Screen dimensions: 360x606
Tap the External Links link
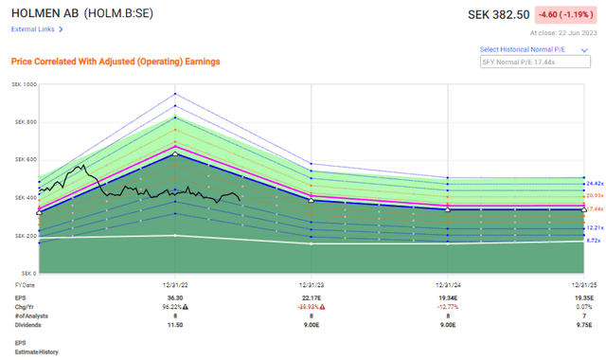click(36, 29)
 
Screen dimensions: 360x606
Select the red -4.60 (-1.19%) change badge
click(564, 14)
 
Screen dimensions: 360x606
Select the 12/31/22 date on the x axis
click(174, 284)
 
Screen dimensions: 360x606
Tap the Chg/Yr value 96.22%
click(173, 306)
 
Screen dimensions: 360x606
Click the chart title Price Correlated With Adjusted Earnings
click(115, 62)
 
